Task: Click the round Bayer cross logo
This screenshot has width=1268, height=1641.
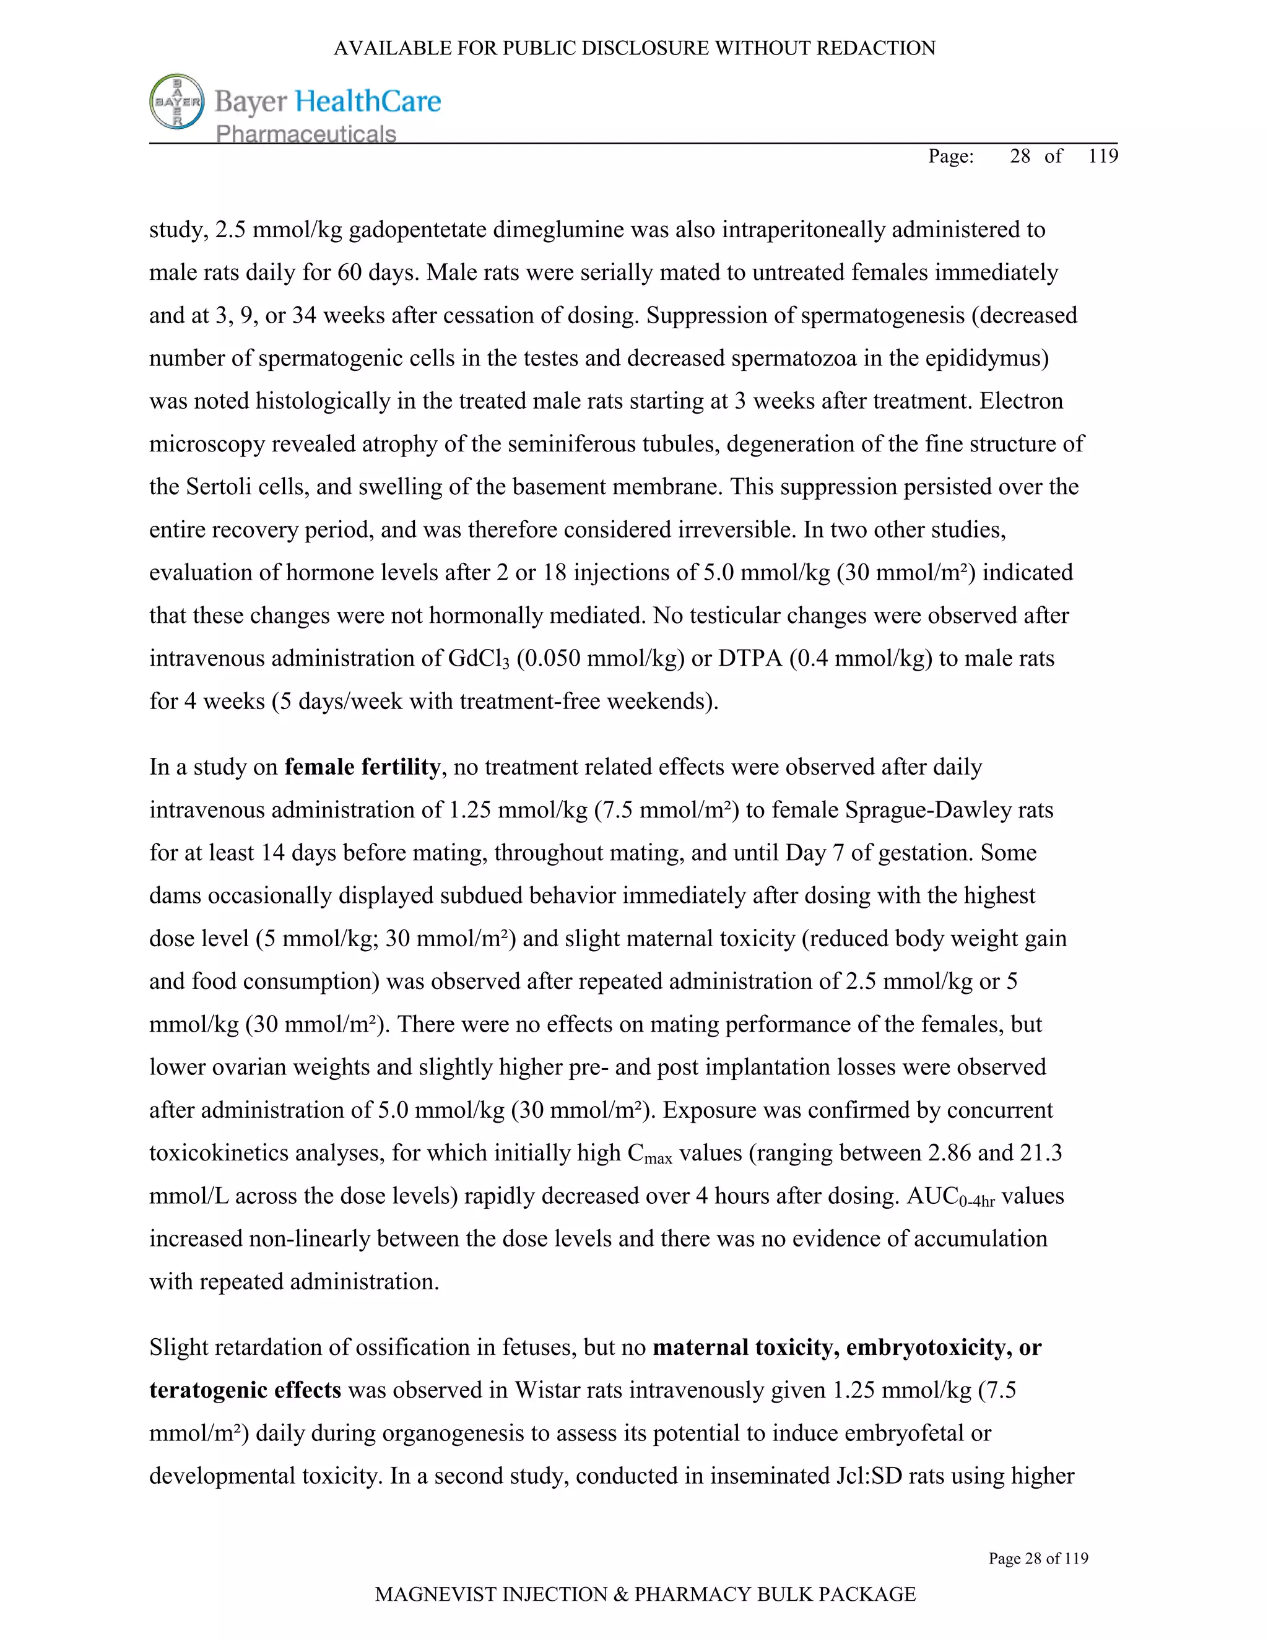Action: pos(177,101)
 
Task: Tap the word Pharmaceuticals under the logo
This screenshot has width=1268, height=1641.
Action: pos(306,134)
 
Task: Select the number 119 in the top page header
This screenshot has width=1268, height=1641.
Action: pos(1103,155)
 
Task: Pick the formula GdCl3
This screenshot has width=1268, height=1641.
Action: pos(479,658)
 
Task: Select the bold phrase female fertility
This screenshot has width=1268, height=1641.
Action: pos(362,767)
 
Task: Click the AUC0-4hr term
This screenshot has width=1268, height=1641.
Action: pos(950,1197)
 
